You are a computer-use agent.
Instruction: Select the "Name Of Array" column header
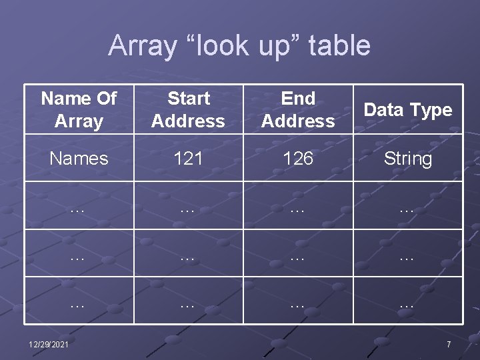pos(79,110)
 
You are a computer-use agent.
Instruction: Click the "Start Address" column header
pos(188,110)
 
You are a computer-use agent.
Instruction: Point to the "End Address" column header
pos(298,110)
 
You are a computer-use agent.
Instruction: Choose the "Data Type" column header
pos(408,110)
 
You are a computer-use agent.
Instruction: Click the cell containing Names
pos(79,159)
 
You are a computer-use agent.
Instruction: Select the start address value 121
pos(188,159)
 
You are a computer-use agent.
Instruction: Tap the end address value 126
pos(298,159)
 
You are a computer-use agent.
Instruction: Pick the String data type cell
pos(408,159)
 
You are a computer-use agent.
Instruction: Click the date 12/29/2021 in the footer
pos(48,344)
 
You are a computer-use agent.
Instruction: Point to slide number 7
pos(449,344)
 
